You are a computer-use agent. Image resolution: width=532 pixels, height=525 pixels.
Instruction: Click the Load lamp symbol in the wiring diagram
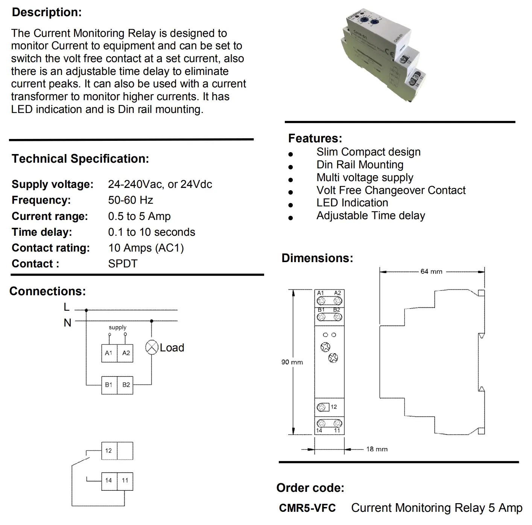(152, 347)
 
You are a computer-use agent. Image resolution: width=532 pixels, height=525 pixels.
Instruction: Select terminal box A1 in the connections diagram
(109, 353)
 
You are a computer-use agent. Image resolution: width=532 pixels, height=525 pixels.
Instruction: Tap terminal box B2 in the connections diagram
(126, 385)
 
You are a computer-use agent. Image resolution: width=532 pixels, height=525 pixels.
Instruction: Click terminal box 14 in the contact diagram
(109, 481)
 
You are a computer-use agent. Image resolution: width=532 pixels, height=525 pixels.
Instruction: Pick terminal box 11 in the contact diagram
(125, 481)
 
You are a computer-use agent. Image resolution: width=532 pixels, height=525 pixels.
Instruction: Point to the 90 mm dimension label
(292, 362)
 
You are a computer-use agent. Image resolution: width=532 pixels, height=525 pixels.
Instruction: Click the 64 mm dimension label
(431, 272)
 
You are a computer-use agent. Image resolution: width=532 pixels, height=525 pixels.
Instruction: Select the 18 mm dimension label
(377, 449)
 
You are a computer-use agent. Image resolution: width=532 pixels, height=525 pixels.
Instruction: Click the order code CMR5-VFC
(307, 508)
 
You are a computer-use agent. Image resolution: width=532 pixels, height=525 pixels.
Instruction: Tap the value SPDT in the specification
(123, 264)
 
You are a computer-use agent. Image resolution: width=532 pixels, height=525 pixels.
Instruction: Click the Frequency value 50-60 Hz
(131, 200)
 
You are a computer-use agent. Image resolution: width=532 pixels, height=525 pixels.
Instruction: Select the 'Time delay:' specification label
(42, 232)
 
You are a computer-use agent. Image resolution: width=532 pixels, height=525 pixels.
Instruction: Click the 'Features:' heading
(315, 138)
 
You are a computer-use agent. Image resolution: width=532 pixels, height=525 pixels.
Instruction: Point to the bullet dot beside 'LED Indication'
(290, 205)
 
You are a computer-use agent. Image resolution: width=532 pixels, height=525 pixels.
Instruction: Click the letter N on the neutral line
(67, 323)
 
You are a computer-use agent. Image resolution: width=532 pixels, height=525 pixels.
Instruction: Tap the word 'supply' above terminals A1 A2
(117, 328)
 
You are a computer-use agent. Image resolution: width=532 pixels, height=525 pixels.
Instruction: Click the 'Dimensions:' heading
(317, 258)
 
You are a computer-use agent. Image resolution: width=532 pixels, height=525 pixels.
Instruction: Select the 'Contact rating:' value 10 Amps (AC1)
(146, 248)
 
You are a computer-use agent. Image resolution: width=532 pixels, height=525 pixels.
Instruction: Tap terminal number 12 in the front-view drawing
(334, 407)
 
